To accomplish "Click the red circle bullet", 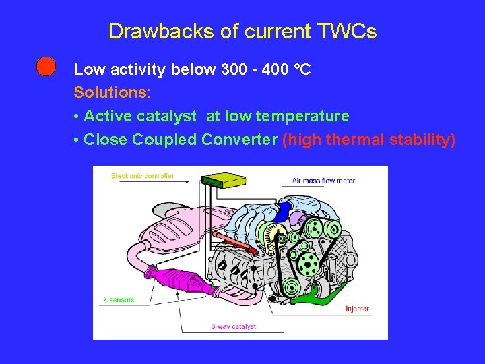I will pyautogui.click(x=46, y=67).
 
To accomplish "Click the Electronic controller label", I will pyautogui.click(x=143, y=176).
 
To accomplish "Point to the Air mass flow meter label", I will pyautogui.click(x=323, y=181).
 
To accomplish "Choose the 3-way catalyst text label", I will pyautogui.click(x=233, y=327).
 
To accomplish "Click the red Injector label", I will pyautogui.click(x=357, y=309).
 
